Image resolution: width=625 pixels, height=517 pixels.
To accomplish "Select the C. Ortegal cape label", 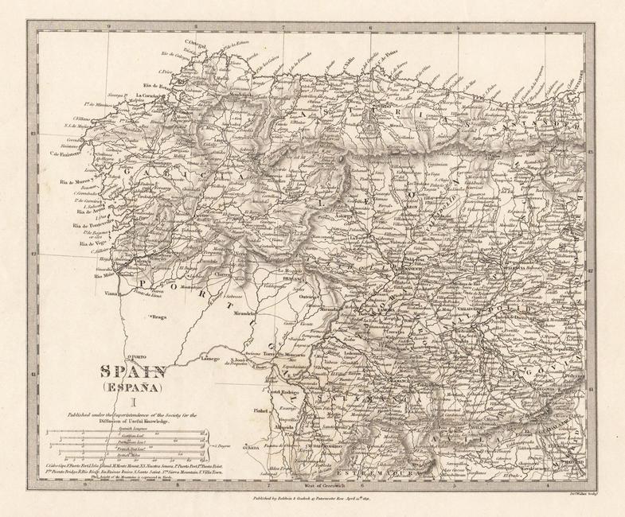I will (x=196, y=41).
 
